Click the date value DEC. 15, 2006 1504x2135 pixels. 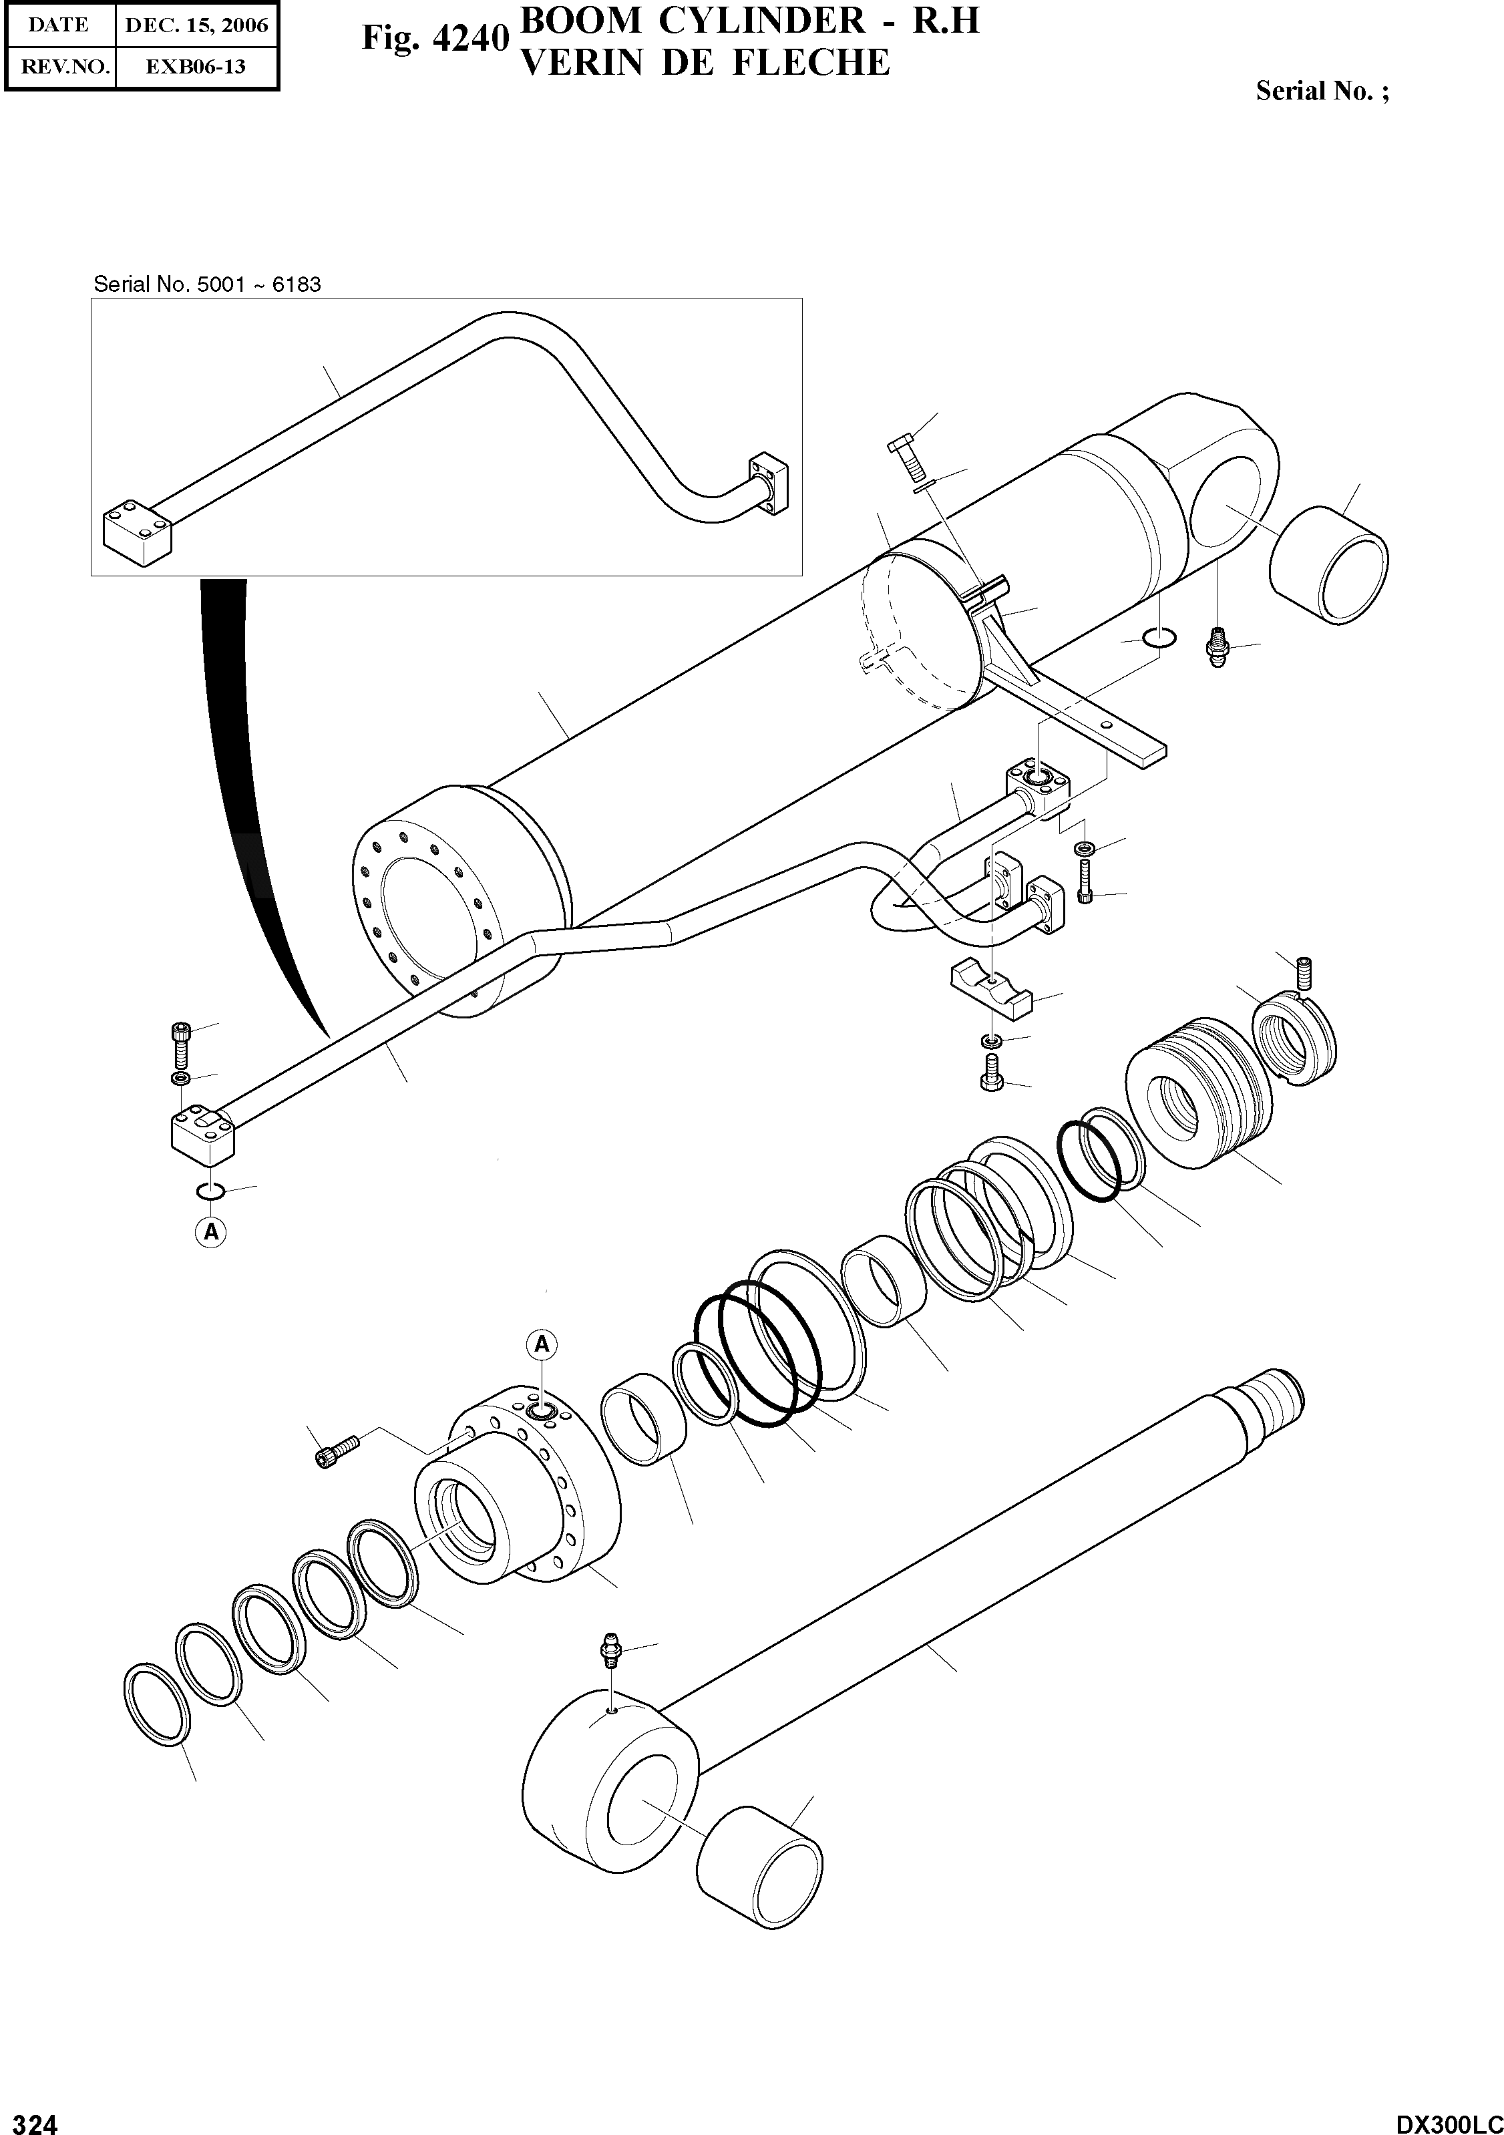(196, 25)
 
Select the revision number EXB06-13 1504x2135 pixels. (196, 67)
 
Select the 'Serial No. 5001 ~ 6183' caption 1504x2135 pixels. (208, 284)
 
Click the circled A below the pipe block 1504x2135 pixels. (211, 1232)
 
